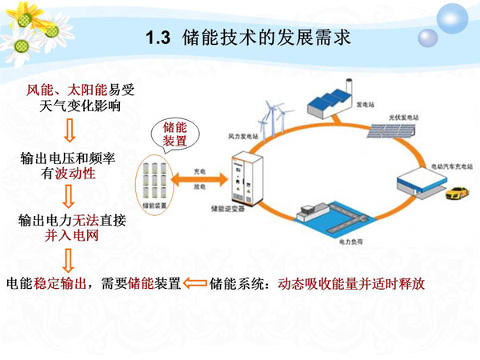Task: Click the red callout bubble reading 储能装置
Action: pyautogui.click(x=175, y=134)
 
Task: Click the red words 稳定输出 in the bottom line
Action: pyautogui.click(x=60, y=283)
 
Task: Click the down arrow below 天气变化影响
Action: pyautogui.click(x=69, y=130)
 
